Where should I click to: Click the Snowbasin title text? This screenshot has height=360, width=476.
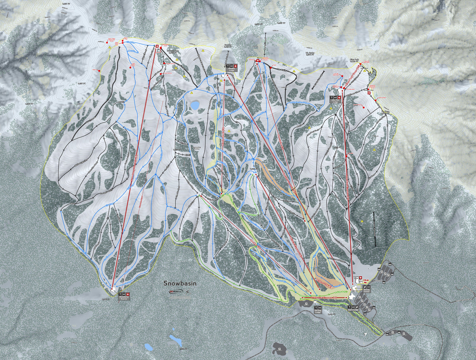click(180, 283)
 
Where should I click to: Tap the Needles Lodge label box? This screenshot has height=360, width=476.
click(231, 68)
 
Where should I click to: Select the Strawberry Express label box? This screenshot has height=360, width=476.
click(124, 296)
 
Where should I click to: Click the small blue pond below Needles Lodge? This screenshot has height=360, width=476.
click(194, 105)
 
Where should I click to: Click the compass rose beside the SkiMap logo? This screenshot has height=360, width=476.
click(187, 291)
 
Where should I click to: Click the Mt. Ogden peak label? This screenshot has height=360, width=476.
click(310, 53)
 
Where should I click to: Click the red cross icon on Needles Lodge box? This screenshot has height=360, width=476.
click(234, 66)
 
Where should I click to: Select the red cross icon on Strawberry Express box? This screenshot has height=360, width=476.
click(128, 294)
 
